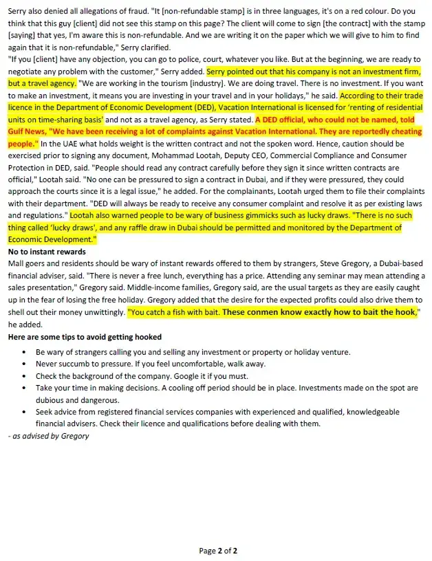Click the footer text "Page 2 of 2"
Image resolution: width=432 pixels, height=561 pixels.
pyautogui.click(x=218, y=551)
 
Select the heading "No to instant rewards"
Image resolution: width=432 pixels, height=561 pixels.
pyautogui.click(x=46, y=252)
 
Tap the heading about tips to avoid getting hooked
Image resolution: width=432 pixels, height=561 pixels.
pyautogui.click(x=84, y=337)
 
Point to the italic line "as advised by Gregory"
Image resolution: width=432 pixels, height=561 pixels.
pyautogui.click(x=48, y=436)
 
